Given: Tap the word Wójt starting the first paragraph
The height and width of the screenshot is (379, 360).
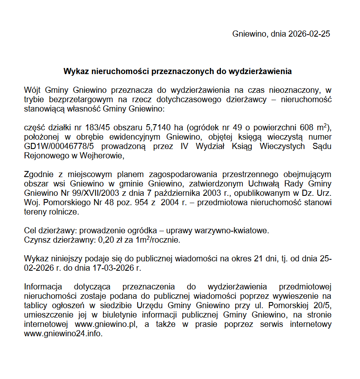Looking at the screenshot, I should pos(32,90).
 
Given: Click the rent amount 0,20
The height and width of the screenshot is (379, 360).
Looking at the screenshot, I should pos(106,240).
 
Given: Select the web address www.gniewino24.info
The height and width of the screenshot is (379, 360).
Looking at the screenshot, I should pos(63,334).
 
